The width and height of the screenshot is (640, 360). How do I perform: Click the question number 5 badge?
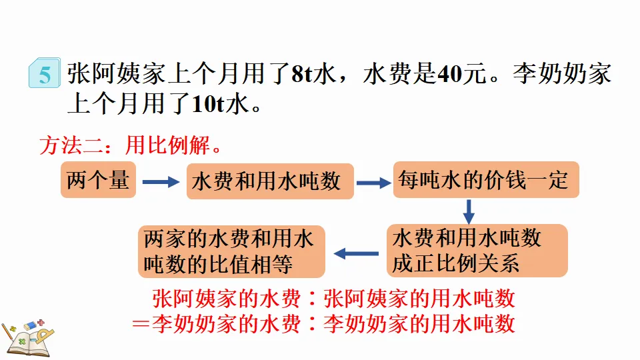tap(44, 74)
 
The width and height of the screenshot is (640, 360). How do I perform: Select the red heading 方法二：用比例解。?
tap(130, 145)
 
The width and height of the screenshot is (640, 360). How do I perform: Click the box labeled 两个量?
tap(98, 179)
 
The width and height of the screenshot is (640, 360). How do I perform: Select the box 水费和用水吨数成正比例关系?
tap(476, 251)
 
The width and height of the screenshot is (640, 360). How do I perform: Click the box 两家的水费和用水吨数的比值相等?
tap(231, 251)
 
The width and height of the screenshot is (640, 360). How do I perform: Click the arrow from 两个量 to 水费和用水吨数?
tap(161, 181)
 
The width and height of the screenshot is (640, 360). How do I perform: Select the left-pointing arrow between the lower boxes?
tap(356, 253)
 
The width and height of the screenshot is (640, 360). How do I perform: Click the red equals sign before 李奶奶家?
tap(139, 324)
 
